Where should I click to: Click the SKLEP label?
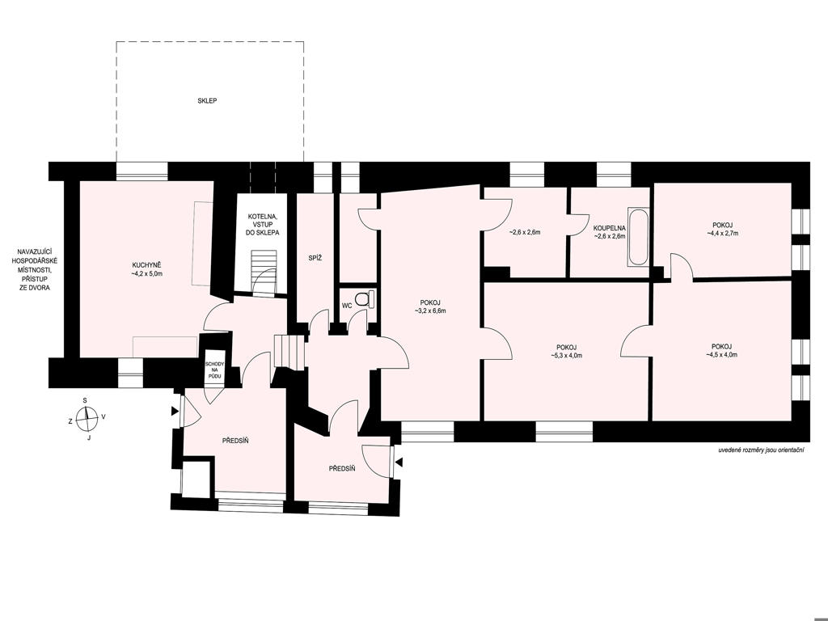(x=208, y=100)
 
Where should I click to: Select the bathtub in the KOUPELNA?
(x=637, y=237)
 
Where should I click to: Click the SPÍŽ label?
(x=315, y=258)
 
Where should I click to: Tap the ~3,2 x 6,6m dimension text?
(x=430, y=311)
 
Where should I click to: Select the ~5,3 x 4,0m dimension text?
(x=566, y=356)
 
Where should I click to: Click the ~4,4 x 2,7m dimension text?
(x=722, y=233)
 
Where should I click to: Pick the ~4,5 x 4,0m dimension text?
(x=721, y=355)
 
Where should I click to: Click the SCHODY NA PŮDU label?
(x=215, y=370)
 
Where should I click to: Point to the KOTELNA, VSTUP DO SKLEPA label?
(x=263, y=225)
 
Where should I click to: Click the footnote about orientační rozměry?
(x=761, y=450)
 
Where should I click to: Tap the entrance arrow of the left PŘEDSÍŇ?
(x=175, y=410)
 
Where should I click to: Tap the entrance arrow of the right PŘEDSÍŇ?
(x=399, y=463)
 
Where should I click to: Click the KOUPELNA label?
(x=610, y=228)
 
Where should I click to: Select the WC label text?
(x=347, y=306)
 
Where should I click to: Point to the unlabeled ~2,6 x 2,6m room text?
(x=524, y=232)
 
